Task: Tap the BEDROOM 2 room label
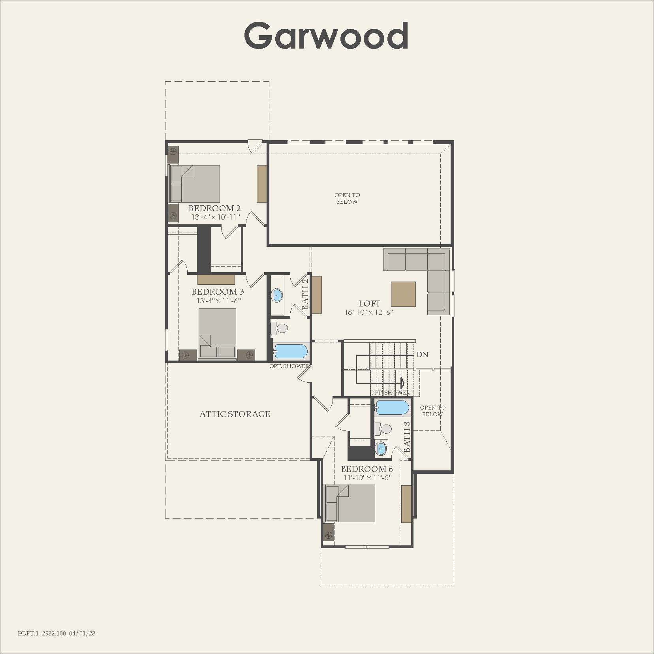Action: [214, 208]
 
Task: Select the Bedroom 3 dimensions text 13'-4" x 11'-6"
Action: [219, 301]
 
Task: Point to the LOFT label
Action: [369, 303]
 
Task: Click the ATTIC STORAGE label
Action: [235, 414]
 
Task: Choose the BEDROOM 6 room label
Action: [367, 469]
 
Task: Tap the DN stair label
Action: [422, 354]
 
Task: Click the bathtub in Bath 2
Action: [291, 351]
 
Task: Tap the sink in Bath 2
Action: [277, 295]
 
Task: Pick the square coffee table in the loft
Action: [403, 294]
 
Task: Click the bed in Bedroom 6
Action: [350, 503]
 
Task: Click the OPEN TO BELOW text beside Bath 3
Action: [432, 411]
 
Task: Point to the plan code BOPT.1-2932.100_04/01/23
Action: [56, 633]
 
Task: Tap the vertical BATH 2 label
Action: [305, 294]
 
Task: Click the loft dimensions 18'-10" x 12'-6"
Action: [369, 312]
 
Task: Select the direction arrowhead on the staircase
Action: [403, 383]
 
